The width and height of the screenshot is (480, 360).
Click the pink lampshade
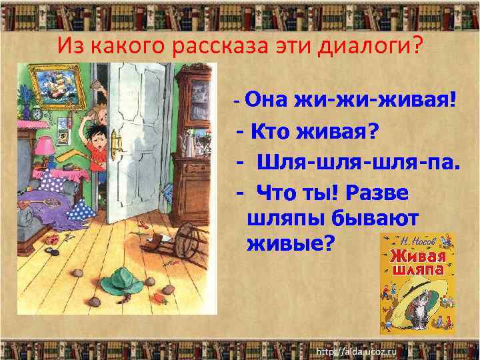(x=45, y=145)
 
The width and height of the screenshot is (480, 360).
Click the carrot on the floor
(x=159, y=299)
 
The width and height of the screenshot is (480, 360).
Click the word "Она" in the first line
(x=268, y=101)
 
